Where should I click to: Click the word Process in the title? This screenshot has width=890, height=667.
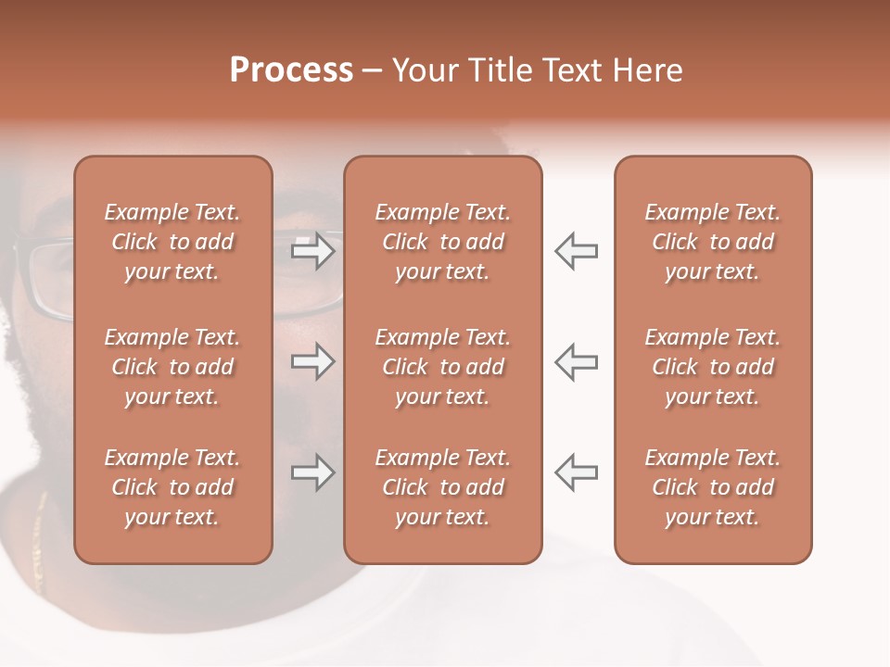click(291, 70)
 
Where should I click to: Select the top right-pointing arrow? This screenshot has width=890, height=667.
click(312, 251)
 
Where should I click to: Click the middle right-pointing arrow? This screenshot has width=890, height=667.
click(312, 361)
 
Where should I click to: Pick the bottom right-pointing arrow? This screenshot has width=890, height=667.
click(312, 472)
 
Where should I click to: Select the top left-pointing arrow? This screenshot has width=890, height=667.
click(577, 251)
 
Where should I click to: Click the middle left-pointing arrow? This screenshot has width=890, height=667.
click(577, 361)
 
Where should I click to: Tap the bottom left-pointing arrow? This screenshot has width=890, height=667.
click(577, 472)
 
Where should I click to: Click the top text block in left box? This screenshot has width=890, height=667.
click(172, 242)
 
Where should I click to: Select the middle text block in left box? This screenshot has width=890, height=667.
click(172, 367)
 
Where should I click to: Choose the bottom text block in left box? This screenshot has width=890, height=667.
click(172, 487)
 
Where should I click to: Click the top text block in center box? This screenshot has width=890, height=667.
click(442, 242)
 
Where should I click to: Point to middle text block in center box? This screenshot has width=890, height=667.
click(442, 367)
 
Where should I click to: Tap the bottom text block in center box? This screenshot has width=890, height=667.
click(442, 487)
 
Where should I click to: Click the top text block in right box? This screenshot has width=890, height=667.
click(713, 242)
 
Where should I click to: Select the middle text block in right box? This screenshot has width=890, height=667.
click(713, 367)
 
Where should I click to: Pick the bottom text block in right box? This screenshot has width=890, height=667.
click(713, 487)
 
